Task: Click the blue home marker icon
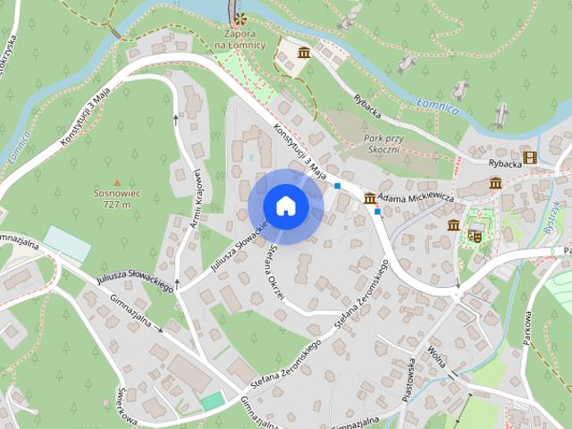coord(285,206)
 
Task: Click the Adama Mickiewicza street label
coord(416,197)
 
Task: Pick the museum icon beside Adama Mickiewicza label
coord(369,197)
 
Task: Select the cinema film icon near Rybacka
coord(531,157)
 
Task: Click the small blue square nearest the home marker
coord(338,186)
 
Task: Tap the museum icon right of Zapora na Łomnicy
coord(304,54)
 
